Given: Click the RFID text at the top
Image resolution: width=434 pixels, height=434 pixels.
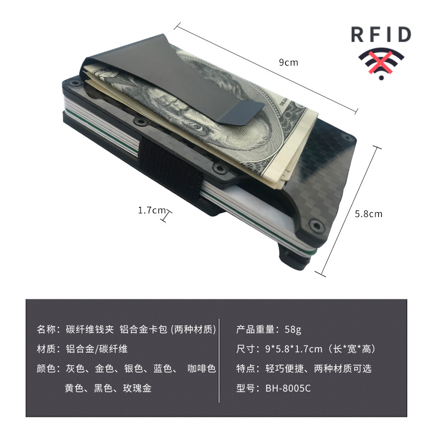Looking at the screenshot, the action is tap(380, 35).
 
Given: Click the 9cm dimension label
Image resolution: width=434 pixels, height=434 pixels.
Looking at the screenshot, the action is tap(288, 62).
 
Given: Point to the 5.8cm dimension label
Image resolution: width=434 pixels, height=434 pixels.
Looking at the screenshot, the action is tap(368, 214).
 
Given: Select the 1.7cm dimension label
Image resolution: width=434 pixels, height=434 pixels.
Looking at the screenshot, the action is tap(151, 210).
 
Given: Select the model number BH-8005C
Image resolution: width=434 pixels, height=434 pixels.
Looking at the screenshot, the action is tap(289, 388).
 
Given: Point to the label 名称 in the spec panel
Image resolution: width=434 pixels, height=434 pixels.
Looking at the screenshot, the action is tap(46, 329).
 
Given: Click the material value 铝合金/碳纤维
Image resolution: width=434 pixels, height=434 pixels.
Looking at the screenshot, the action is tap(97, 349).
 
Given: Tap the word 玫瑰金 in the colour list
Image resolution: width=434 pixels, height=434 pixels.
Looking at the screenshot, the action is tap(137, 388).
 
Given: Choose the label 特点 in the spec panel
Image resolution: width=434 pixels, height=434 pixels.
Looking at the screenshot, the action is tap(247, 368).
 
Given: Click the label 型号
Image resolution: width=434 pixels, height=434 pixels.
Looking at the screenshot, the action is tap(247, 388).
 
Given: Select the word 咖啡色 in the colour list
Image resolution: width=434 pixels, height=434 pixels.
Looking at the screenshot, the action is tap(201, 368).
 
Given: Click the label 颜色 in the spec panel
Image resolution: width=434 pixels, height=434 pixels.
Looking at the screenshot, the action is tap(46, 368).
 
